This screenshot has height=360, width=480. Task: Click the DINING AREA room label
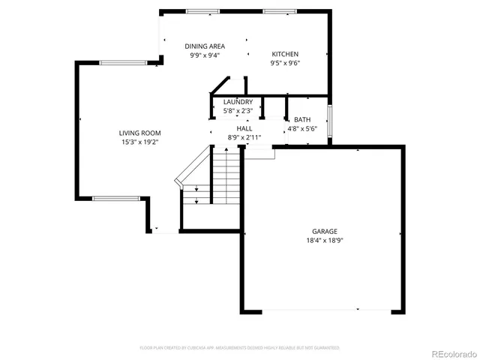pyautogui.click(x=205, y=46)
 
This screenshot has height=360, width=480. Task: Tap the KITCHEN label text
pyautogui.click(x=285, y=54)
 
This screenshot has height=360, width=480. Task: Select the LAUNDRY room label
pyautogui.click(x=238, y=102)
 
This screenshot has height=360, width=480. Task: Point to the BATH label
pyautogui.click(x=302, y=119)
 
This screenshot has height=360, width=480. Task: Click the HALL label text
pyautogui.click(x=244, y=128)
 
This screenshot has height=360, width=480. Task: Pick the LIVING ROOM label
pyautogui.click(x=140, y=133)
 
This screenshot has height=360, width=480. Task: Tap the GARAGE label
pyautogui.click(x=325, y=231)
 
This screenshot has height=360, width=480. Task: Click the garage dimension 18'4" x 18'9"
pyautogui.click(x=325, y=241)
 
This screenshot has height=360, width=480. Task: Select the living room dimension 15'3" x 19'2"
pyautogui.click(x=140, y=142)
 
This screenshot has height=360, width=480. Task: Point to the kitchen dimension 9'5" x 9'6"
pyautogui.click(x=285, y=64)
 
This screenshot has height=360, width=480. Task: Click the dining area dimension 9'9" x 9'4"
pyautogui.click(x=205, y=55)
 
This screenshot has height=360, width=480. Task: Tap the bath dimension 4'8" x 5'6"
pyautogui.click(x=302, y=128)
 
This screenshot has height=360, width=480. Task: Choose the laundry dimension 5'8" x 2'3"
pyautogui.click(x=238, y=111)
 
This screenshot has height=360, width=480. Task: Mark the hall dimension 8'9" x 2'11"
pyautogui.click(x=244, y=137)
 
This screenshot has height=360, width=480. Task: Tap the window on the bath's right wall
pyautogui.click(x=330, y=122)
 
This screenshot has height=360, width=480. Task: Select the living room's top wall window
pyautogui.click(x=120, y=63)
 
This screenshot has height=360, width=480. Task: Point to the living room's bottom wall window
pyautogui.click(x=115, y=198)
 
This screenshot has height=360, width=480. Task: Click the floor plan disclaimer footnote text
pyautogui.click(x=240, y=348)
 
